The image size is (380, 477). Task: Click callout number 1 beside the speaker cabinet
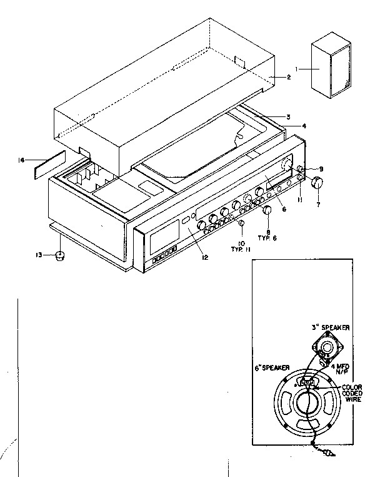pos(297,68)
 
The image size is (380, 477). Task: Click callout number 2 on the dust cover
pos(289,78)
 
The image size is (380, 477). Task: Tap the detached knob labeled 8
pos(267,211)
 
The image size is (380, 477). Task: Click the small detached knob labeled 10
pos(242,223)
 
